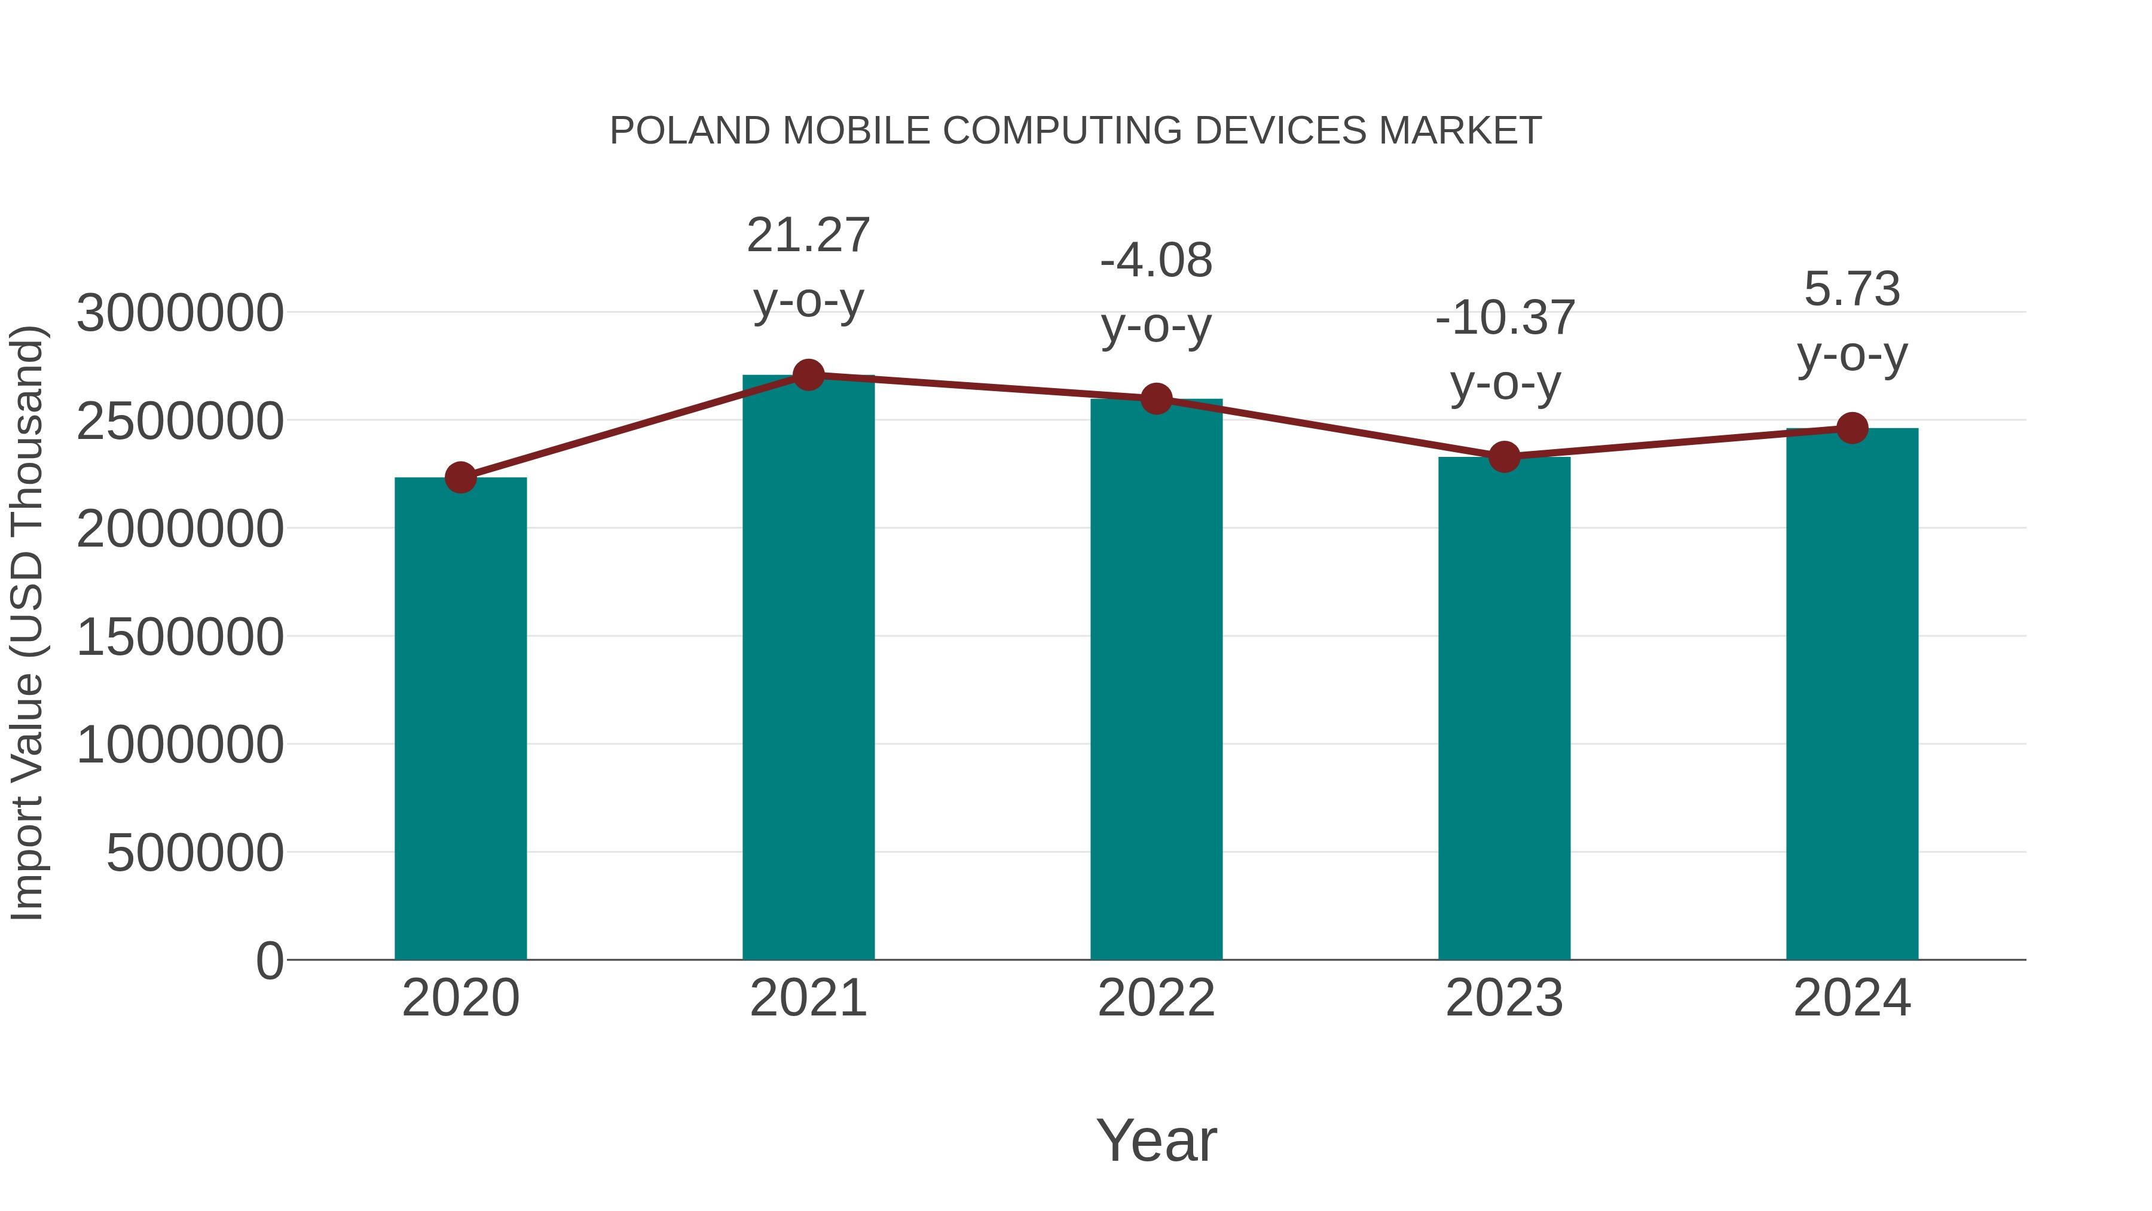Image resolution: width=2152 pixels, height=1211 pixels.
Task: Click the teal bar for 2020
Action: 460,719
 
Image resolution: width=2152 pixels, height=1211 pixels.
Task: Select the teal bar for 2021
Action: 808,669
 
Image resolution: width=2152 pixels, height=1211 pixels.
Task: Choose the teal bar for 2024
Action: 1852,694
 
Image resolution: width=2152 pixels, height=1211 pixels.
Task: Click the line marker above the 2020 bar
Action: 460,478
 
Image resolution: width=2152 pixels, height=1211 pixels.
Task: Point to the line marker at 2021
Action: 808,375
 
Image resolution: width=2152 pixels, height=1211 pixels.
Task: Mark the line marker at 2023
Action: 1504,457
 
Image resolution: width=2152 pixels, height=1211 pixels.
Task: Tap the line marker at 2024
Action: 1852,428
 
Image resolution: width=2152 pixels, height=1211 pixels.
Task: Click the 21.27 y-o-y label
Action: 808,267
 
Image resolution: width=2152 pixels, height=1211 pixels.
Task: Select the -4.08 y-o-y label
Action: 1156,292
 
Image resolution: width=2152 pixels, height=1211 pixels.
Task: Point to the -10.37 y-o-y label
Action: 1505,349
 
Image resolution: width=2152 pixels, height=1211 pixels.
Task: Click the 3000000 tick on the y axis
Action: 179,313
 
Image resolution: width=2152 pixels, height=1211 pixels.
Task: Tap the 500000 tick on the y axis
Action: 195,853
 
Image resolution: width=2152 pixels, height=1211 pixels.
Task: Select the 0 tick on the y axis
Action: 269,961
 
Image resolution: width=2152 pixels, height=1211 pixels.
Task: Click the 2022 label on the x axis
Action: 1156,998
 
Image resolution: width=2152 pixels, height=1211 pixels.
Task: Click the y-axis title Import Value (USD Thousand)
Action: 27,623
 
